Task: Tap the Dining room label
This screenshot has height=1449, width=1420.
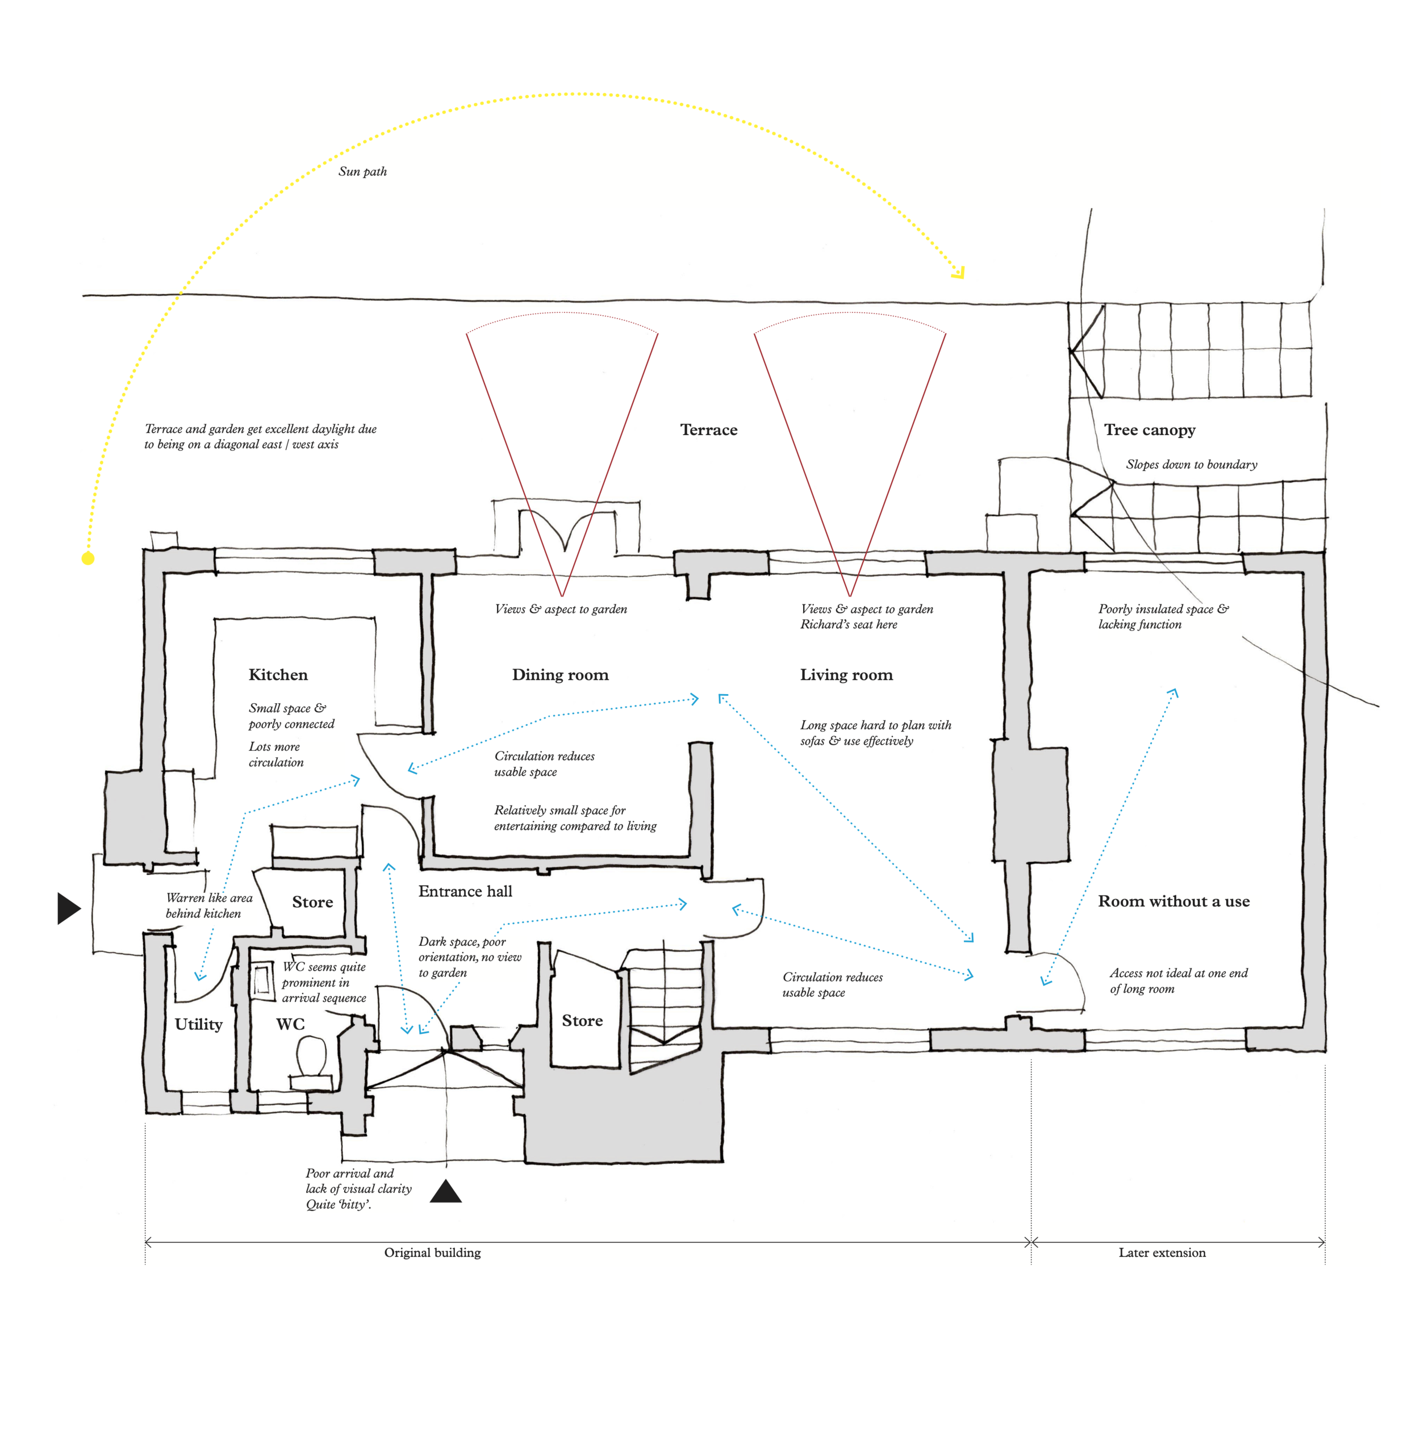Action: (x=560, y=675)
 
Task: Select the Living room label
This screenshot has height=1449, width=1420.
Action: (x=846, y=675)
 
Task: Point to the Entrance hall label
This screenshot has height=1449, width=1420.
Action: (x=465, y=891)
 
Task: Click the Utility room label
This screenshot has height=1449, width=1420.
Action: (x=198, y=1024)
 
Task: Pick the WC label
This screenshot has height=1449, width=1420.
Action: (x=290, y=1024)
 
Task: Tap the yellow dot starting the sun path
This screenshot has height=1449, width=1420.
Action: (x=88, y=558)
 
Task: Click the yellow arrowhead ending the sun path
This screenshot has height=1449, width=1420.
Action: (x=959, y=273)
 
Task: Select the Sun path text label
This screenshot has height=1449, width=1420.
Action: (x=362, y=172)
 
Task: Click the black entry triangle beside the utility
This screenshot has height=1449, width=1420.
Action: (x=68, y=908)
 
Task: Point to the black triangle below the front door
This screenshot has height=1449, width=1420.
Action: (x=446, y=1192)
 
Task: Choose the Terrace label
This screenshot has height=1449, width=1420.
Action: (x=708, y=431)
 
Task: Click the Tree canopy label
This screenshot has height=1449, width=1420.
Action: (x=1149, y=431)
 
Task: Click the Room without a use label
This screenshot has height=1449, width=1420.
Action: (x=1173, y=901)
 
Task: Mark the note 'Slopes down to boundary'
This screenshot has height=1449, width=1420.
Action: (x=1191, y=465)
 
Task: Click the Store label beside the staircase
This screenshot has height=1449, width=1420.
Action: (x=582, y=1021)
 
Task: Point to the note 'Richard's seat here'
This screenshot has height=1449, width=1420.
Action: (x=849, y=625)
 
